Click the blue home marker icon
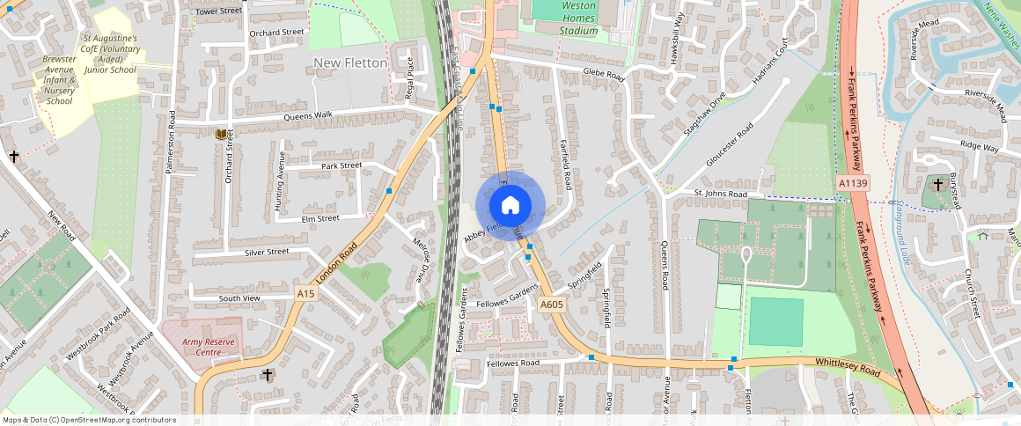[510, 206]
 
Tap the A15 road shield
[305, 293]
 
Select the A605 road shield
[551, 305]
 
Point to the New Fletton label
[350, 63]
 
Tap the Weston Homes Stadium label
[578, 18]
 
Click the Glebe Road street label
[603, 77]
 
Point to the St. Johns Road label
[720, 194]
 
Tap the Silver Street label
[266, 252]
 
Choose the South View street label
[239, 298]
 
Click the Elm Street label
[320, 218]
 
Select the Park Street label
[342, 165]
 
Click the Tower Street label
[218, 11]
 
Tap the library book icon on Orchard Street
[220, 134]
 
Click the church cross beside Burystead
[938, 185]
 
